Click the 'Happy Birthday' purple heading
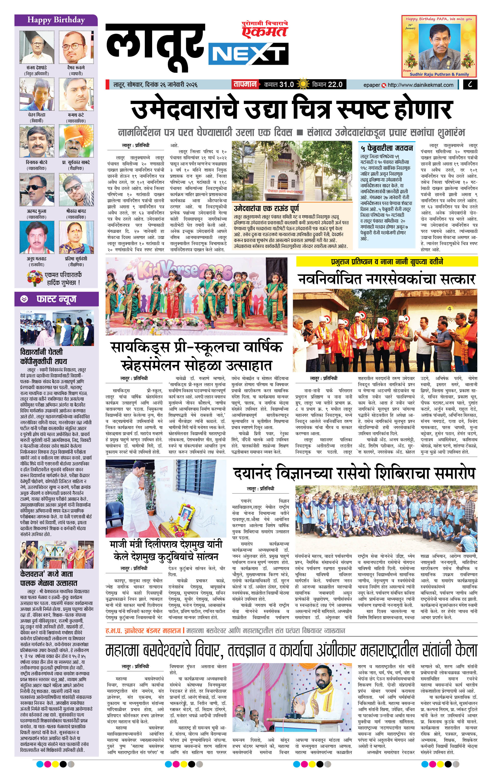coord(56,20)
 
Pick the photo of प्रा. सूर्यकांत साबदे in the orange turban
coord(76,141)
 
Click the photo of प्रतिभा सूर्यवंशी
coord(76,237)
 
